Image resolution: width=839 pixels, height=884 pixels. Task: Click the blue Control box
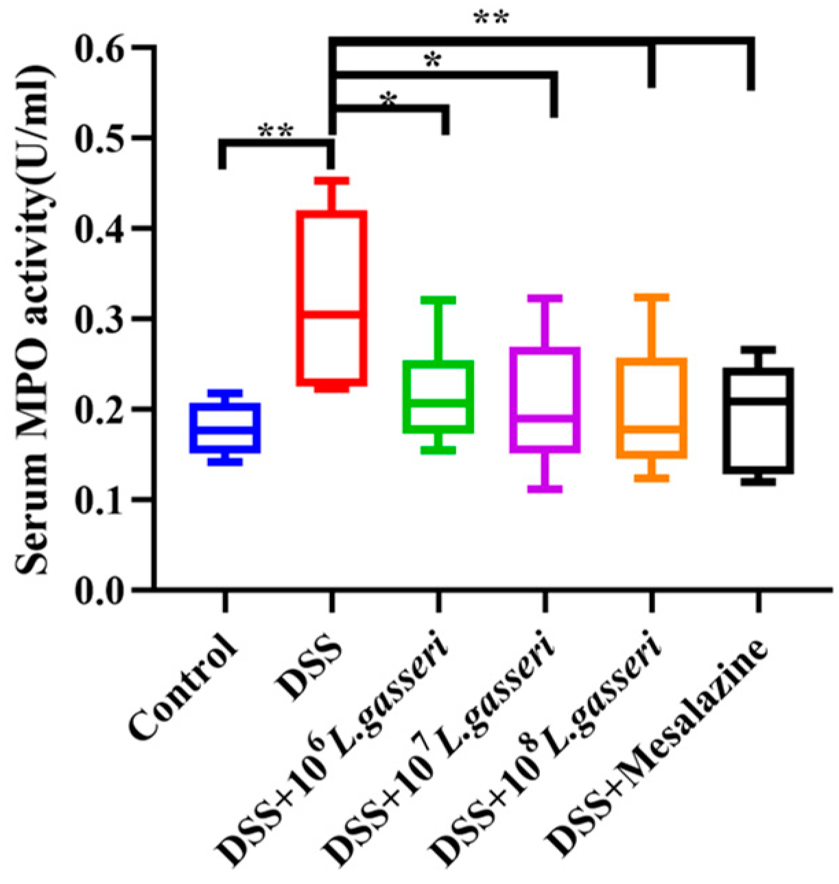point(225,428)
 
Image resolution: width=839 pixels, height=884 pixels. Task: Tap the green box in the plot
point(438,396)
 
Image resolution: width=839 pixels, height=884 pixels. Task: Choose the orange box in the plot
point(652,407)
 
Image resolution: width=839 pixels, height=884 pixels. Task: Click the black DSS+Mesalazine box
point(758,420)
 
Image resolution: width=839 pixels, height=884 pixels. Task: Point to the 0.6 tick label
point(105,48)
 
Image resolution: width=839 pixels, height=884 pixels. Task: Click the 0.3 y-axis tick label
point(105,320)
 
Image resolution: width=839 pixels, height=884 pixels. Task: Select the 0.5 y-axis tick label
point(105,139)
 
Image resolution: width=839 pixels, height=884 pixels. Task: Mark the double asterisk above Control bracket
point(276,130)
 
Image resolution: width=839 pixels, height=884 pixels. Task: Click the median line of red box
point(331,314)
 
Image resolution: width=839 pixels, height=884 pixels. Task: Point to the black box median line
point(758,401)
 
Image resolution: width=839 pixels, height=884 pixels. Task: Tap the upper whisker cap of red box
point(331,180)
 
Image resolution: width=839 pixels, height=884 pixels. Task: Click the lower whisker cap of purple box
point(545,489)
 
